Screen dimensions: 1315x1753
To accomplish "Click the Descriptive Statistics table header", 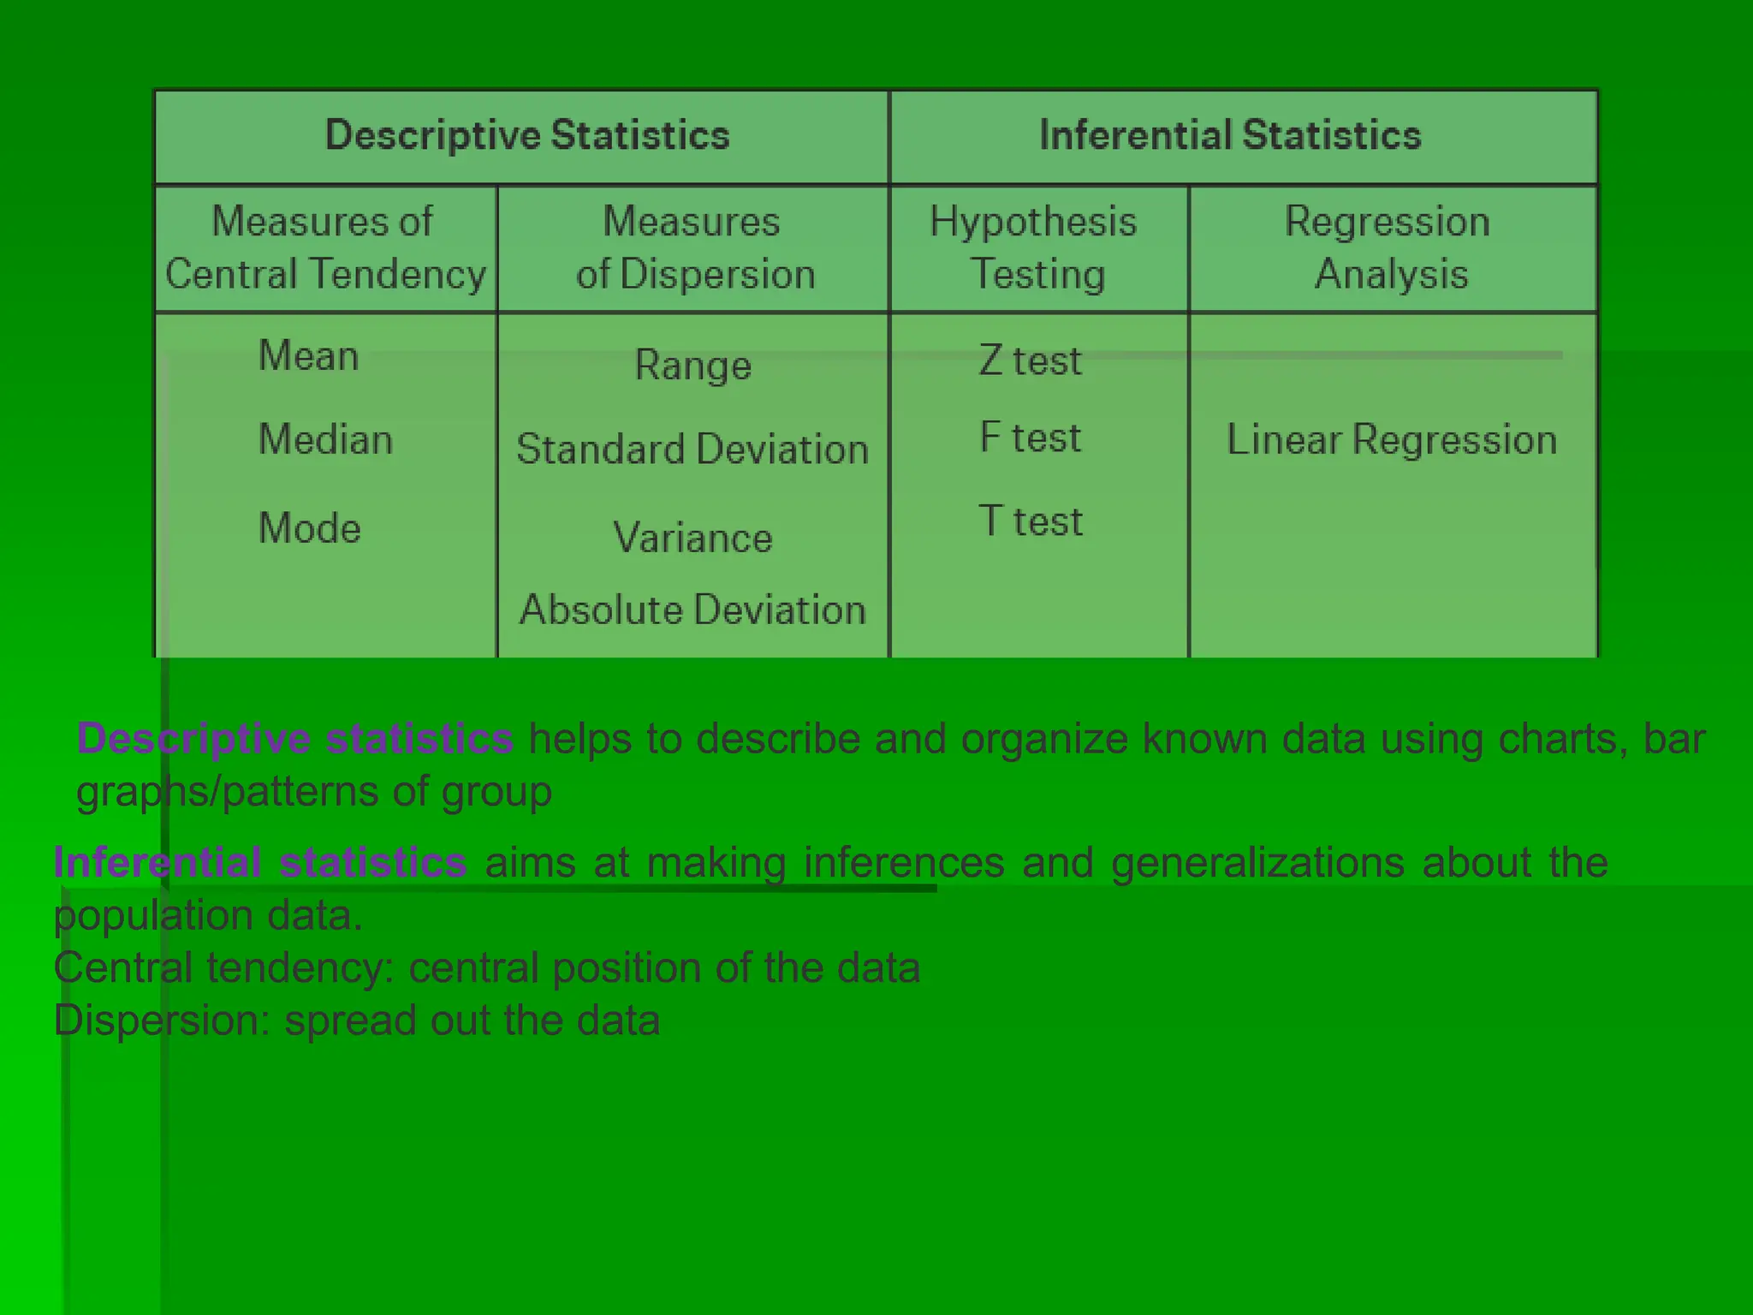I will point(527,135).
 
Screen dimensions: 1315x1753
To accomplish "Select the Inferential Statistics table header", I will point(1230,135).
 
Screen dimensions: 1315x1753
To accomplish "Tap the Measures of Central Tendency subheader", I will point(324,247).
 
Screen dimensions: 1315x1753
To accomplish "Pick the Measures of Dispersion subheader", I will point(693,247).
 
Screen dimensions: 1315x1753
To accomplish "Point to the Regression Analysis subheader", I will point(1390,247).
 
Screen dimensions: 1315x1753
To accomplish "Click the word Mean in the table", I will point(308,355).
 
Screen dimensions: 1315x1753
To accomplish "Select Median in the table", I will point(325,439).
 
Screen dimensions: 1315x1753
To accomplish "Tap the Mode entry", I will point(309,527).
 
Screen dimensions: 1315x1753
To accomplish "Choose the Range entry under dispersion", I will point(693,366).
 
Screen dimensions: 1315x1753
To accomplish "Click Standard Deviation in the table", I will point(692,449).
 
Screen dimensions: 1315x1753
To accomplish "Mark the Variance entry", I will point(692,538).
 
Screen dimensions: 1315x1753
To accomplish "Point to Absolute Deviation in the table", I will point(692,610).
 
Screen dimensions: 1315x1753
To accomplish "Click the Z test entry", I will point(1031,360).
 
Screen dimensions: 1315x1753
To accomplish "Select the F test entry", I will point(1031,437).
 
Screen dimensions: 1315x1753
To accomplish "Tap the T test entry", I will point(1031,521).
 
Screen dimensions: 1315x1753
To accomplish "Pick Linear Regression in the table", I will point(1392,439).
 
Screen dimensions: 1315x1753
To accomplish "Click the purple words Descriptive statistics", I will point(294,738).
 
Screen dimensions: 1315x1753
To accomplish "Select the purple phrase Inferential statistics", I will point(260,862).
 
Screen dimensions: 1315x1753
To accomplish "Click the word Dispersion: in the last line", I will point(162,1020).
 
